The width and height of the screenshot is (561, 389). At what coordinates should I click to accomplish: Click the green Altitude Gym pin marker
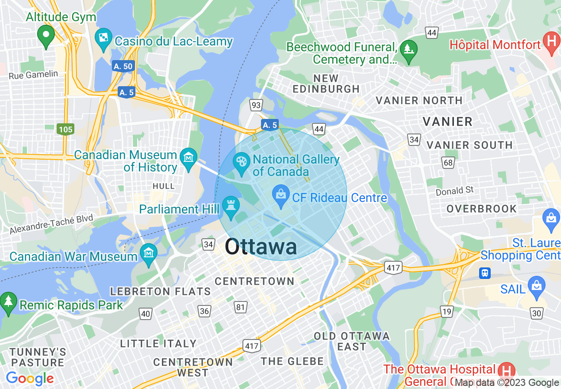click(46, 35)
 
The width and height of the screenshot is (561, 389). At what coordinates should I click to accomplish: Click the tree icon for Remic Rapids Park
click(8, 303)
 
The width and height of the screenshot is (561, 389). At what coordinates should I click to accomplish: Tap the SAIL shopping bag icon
click(536, 285)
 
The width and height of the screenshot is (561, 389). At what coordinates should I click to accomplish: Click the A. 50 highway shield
click(123, 66)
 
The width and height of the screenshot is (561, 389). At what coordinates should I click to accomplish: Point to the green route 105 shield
click(65, 130)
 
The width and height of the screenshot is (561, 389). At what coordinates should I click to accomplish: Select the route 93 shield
click(255, 105)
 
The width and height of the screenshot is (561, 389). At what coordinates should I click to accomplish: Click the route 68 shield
click(448, 163)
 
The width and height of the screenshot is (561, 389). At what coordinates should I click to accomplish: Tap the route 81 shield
click(241, 307)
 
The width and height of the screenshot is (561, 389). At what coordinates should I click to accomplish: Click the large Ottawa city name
click(261, 247)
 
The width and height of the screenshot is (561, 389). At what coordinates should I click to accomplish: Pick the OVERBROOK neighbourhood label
click(482, 209)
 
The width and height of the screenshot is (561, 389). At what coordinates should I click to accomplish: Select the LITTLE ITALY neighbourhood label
click(158, 343)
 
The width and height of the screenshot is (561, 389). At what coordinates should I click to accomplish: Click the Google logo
click(30, 378)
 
